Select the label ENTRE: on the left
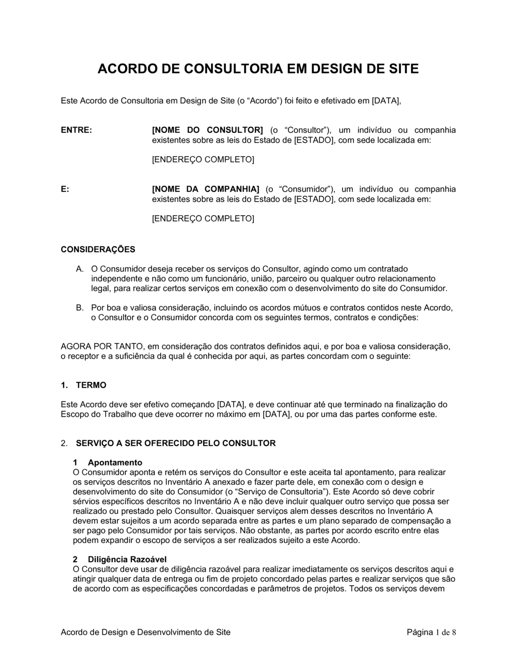tap(77, 130)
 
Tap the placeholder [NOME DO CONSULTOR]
tap(207, 130)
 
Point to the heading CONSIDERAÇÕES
tap(98, 249)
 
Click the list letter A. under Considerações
tap(80, 269)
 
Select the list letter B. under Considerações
tap(80, 308)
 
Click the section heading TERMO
tap(91, 385)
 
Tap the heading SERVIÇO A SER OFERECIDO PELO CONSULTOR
tap(176, 443)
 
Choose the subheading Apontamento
tap(115, 462)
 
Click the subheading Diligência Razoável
tap(127, 559)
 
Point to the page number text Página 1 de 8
tap(432, 632)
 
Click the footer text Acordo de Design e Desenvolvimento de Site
tap(146, 632)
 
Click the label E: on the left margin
tap(65, 189)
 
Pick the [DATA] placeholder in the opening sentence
tap(386, 101)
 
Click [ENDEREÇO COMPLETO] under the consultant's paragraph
tap(203, 160)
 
